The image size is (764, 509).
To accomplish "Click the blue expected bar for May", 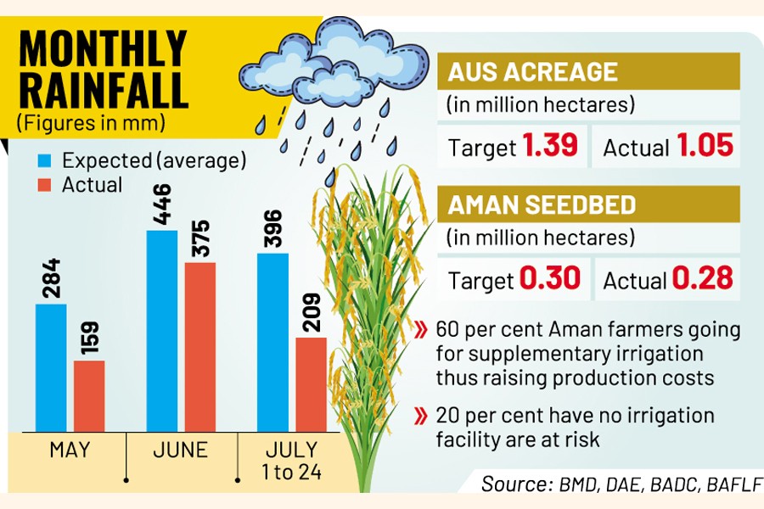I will [51, 367].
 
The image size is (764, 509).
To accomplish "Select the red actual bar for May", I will [89, 395].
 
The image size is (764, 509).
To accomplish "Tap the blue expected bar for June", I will [162, 331].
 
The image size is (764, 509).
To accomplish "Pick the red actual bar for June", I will [200, 346].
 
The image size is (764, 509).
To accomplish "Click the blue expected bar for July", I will [272, 342].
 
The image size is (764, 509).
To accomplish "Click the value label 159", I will [90, 337].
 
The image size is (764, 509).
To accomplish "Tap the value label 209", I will [312, 313].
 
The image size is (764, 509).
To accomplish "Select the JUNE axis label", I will [180, 449].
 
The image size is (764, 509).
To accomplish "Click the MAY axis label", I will [70, 449].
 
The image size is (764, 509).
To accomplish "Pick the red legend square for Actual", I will [45, 184].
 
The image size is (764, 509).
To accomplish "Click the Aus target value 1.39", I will [550, 146].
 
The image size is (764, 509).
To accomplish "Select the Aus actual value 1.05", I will [705, 146].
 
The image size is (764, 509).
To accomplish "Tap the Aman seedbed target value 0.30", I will [549, 278].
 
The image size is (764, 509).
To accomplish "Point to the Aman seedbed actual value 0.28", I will [703, 278].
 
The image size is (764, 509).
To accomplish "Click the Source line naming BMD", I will [619, 484].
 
